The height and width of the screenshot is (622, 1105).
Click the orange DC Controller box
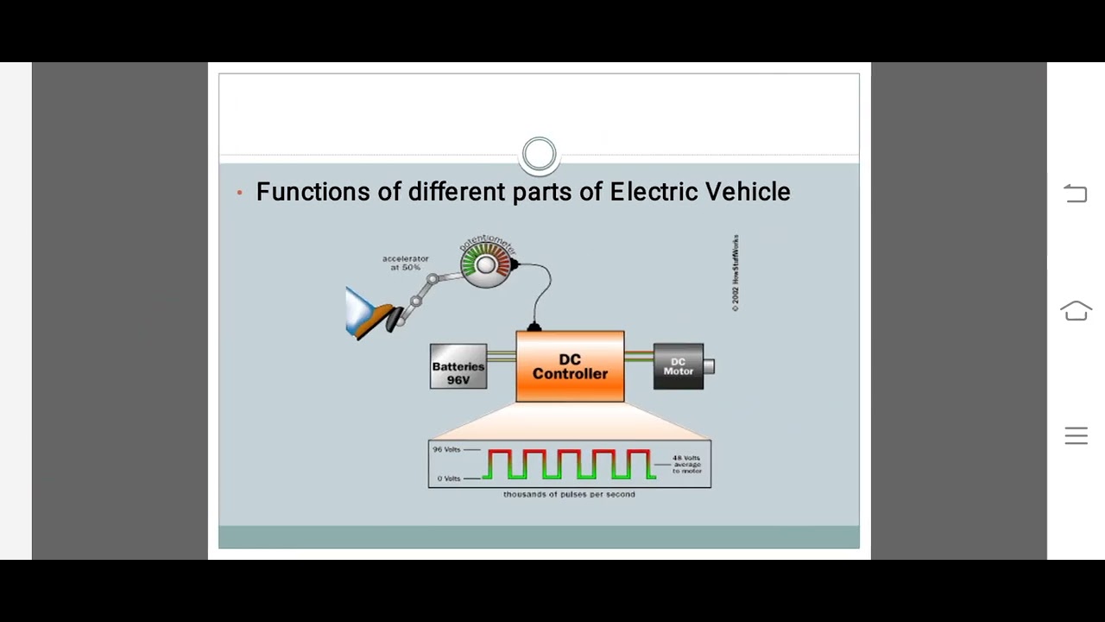[x=570, y=367]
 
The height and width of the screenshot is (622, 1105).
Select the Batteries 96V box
[x=458, y=367]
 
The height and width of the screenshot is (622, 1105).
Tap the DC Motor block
[x=678, y=366]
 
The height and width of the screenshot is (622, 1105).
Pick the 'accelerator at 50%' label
[x=405, y=263]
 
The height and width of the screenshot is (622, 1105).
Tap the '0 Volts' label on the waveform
[x=448, y=479]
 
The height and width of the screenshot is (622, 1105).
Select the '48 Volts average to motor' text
[x=687, y=464]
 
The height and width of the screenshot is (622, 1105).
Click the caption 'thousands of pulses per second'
[x=569, y=494]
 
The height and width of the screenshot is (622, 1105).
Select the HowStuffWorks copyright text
[x=736, y=273]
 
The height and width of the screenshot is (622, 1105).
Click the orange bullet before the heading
[x=239, y=193]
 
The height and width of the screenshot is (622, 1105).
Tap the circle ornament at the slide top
[x=540, y=155]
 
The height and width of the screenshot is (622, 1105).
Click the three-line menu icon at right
[x=1076, y=436]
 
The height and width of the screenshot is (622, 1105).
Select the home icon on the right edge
[x=1076, y=311]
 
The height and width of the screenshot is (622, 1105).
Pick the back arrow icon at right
[x=1076, y=194]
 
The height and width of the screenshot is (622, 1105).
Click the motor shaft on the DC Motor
[x=710, y=366]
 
